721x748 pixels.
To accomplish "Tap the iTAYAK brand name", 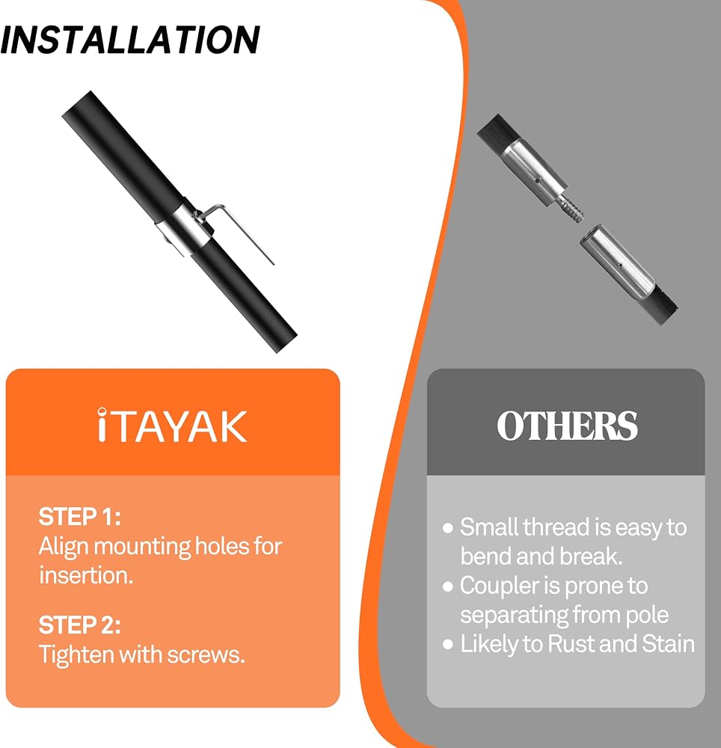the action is point(172,426).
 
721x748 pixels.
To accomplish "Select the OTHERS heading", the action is point(567,425).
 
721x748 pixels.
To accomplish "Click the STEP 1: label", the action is point(79,516).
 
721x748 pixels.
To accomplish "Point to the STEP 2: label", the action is point(79,625).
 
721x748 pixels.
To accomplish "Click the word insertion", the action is point(86,574).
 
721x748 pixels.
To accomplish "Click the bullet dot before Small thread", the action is point(447,527).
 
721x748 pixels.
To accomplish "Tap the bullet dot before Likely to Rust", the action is point(447,645).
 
